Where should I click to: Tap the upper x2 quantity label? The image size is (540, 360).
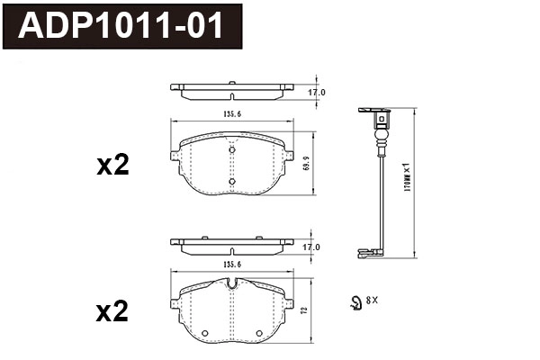click(x=113, y=165)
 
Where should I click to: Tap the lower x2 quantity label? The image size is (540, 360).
click(x=113, y=312)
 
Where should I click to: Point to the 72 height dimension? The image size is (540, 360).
click(x=306, y=310)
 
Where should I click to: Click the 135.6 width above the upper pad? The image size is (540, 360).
click(x=232, y=114)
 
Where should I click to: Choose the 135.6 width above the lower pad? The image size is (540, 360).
click(x=232, y=265)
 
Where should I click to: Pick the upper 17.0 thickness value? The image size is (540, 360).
click(x=317, y=93)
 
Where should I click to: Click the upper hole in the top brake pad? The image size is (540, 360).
click(x=232, y=151)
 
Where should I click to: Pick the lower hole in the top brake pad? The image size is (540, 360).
click(x=232, y=182)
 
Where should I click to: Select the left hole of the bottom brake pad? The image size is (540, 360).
click(x=206, y=333)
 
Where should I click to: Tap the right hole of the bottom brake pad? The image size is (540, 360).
click(x=259, y=333)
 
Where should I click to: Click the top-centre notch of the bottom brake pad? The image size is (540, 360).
click(x=232, y=286)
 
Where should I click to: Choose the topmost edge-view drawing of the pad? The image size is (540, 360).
click(x=232, y=90)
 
